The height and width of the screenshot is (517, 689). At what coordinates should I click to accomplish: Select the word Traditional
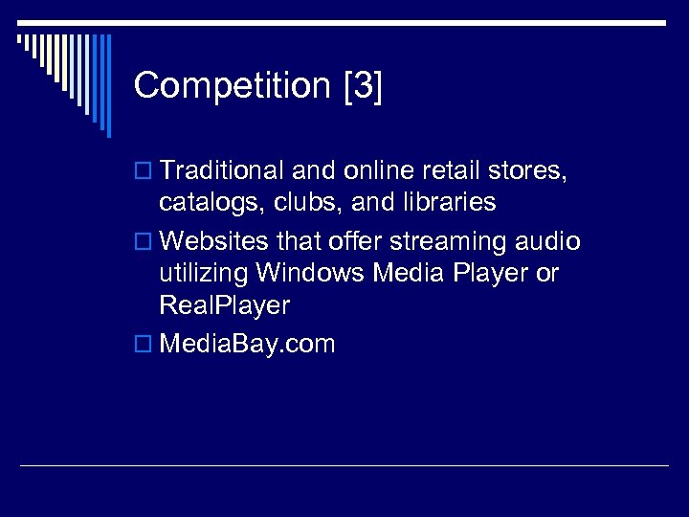click(223, 170)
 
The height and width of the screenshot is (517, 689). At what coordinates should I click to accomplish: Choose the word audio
click(547, 242)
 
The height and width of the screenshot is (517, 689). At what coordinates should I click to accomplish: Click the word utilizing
click(204, 274)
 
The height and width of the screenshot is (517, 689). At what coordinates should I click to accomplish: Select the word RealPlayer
click(224, 306)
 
